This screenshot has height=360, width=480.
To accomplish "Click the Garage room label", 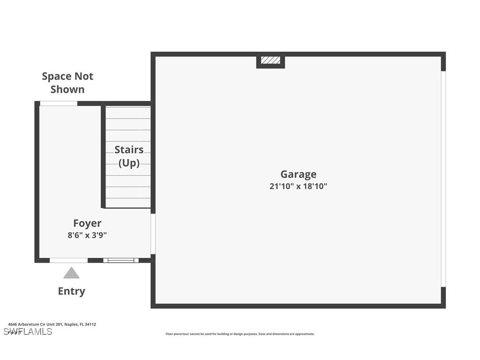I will click(298, 174).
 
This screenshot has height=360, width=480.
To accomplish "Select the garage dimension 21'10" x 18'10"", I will click(298, 186).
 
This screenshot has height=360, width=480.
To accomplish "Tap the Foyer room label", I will click(87, 223).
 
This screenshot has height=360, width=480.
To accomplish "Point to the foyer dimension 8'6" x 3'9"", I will click(87, 235).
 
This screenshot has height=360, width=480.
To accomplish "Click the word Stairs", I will click(129, 149).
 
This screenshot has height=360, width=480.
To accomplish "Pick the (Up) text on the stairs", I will click(129, 163).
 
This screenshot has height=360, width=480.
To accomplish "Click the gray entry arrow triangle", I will click(71, 273).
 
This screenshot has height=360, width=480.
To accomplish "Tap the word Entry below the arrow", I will click(71, 291).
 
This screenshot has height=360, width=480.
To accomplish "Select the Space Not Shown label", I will click(68, 83).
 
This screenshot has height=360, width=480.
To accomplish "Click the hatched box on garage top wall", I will click(270, 60).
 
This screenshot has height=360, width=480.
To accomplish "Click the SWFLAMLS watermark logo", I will click(27, 332).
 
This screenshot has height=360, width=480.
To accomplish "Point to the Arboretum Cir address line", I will click(52, 324).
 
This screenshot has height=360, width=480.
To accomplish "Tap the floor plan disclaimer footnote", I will click(240, 334).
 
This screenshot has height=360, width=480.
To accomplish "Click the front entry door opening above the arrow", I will click(69, 260).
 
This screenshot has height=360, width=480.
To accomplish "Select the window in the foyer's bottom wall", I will click(121, 260).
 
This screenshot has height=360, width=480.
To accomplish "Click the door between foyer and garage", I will click(153, 234).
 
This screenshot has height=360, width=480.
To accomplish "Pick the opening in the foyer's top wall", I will click(58, 103).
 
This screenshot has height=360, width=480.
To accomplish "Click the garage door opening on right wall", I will click(443, 179).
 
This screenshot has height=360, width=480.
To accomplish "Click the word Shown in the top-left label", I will click(67, 89).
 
